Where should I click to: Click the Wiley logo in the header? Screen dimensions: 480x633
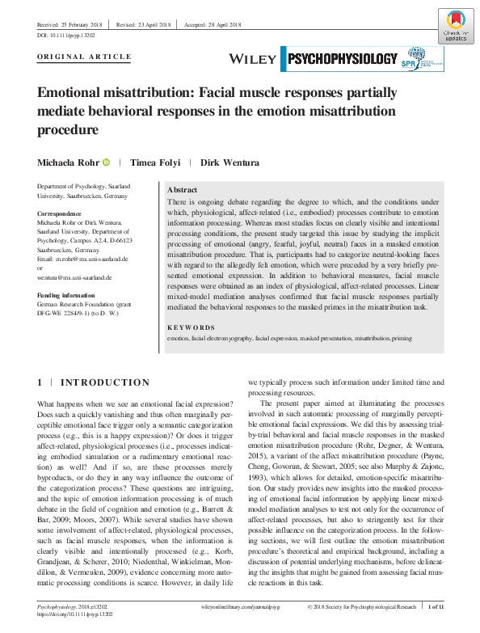253,59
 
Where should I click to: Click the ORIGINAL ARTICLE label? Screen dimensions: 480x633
84,57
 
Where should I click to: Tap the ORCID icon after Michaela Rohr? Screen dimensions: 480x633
105,162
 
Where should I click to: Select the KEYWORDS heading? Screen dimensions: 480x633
192,327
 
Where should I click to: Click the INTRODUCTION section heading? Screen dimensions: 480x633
105,382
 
